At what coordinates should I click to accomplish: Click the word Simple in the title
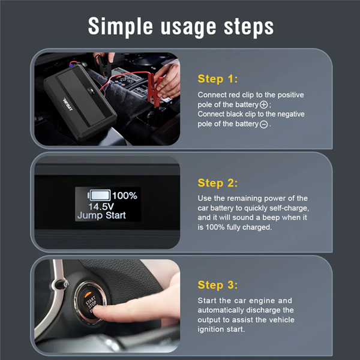coord(121,27)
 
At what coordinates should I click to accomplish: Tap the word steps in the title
coord(249,28)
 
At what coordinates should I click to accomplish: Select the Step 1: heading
coord(218,79)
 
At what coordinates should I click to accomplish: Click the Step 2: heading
coord(218,183)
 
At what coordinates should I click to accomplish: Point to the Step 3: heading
coord(218,285)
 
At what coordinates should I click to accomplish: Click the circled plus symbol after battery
coord(263,105)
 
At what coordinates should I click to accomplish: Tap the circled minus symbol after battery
coord(263,124)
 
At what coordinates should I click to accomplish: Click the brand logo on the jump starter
coord(68,104)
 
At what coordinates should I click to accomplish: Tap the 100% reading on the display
coord(125,196)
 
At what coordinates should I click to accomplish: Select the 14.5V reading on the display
coord(101,206)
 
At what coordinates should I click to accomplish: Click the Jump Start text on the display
coord(101,215)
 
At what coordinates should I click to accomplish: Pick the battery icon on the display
coord(99,195)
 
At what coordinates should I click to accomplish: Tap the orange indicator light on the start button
coord(88,295)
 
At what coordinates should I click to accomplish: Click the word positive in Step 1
coord(290,95)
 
